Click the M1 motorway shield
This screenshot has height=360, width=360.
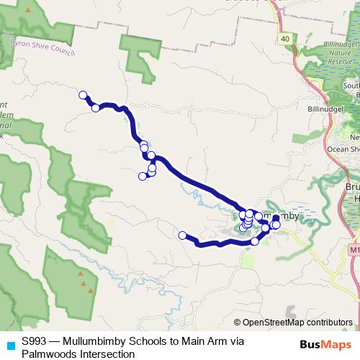click(354, 249)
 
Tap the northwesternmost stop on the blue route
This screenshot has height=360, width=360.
click(83, 95)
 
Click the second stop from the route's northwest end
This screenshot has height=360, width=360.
click(95, 108)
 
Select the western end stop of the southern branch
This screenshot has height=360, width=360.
click(183, 235)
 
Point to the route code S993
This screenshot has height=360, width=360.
click(35, 342)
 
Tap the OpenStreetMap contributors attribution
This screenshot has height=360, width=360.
click(297, 323)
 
